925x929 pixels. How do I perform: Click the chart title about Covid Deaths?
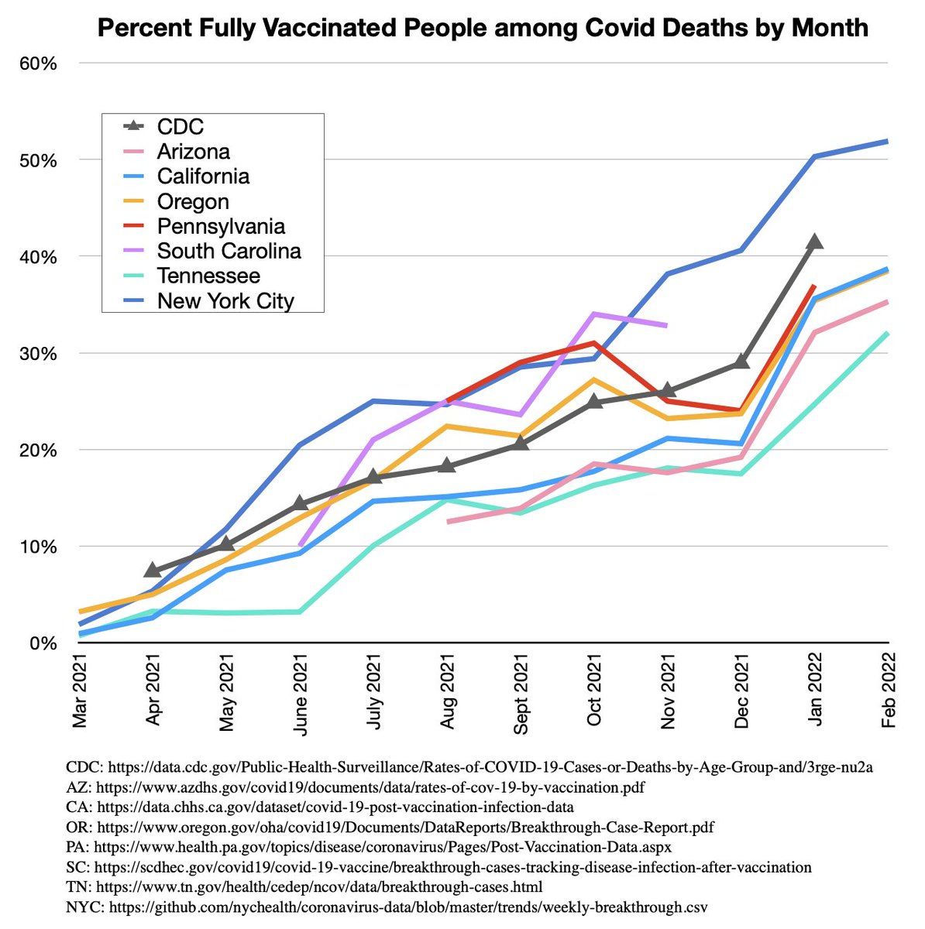(482, 29)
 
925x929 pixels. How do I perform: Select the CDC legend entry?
(181, 126)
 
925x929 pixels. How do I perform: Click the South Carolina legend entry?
(229, 251)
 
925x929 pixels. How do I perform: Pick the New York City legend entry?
(225, 300)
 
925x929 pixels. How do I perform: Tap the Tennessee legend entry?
(208, 276)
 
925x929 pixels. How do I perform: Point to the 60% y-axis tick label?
(38, 63)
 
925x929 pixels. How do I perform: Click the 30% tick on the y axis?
(38, 354)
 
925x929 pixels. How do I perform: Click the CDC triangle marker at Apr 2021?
(153, 571)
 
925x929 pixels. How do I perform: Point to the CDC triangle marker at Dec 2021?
(741, 362)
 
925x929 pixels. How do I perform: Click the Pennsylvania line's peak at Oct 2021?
(594, 342)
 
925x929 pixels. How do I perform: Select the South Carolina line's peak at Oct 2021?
(594, 314)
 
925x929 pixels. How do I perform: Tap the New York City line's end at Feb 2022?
(887, 141)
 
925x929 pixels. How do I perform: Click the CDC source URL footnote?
(469, 767)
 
